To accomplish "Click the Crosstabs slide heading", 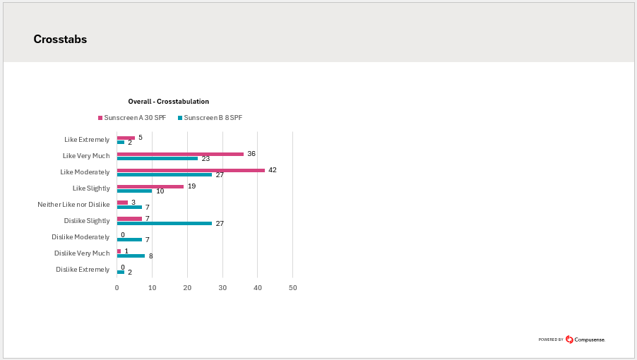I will pyautogui.click(x=60, y=40).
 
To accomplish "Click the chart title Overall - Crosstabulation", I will pyautogui.click(x=168, y=102).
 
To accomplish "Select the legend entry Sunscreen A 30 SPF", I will pyautogui.click(x=134, y=118).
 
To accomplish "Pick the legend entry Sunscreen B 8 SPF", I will pyautogui.click(x=213, y=118).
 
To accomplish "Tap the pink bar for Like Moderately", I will pyautogui.click(x=191, y=170).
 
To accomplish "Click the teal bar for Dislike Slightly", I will pyautogui.click(x=164, y=223).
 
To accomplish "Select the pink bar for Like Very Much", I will pyautogui.click(x=180, y=154).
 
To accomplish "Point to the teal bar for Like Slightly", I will pyautogui.click(x=134, y=191).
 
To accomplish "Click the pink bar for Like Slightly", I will pyautogui.click(x=150, y=186).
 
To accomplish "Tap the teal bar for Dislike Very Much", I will pyautogui.click(x=131, y=256).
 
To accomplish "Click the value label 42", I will pyautogui.click(x=273, y=170).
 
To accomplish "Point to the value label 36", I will pyautogui.click(x=251, y=154).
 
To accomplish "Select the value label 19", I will pyautogui.click(x=191, y=186).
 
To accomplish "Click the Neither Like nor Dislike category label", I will pyautogui.click(x=73, y=205).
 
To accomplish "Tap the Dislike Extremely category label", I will pyautogui.click(x=83, y=270).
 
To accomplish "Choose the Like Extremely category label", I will pyautogui.click(x=87, y=140).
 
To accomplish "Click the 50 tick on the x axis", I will pyautogui.click(x=293, y=288).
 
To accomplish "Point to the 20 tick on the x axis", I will pyautogui.click(x=187, y=288).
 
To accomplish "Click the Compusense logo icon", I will pyautogui.click(x=569, y=340).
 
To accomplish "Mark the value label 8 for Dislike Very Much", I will pyautogui.click(x=150, y=256).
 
